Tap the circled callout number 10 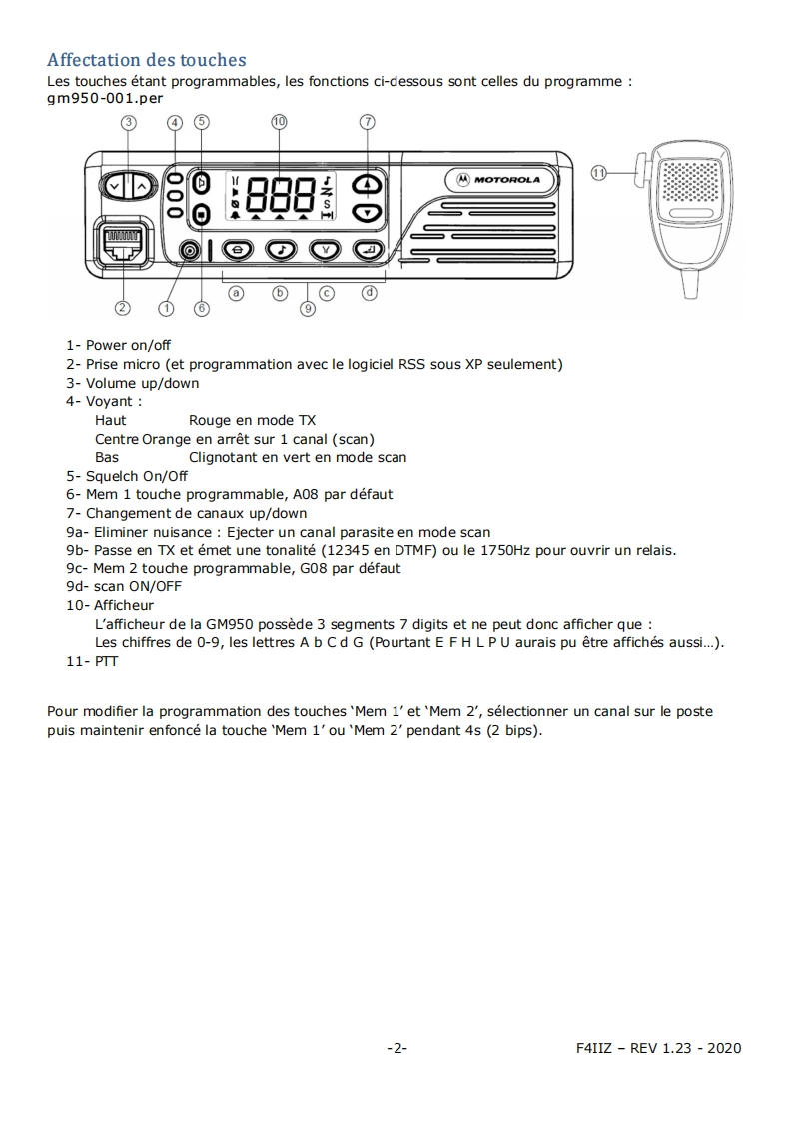[279, 121]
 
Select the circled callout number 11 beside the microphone [599, 172]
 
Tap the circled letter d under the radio [370, 293]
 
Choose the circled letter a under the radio [237, 293]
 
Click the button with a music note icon [281, 250]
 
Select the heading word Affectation [95, 60]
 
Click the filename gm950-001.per [105, 98]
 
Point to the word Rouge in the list [210, 421]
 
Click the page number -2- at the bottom [396, 1048]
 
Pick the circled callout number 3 [129, 122]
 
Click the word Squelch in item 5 [111, 476]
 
